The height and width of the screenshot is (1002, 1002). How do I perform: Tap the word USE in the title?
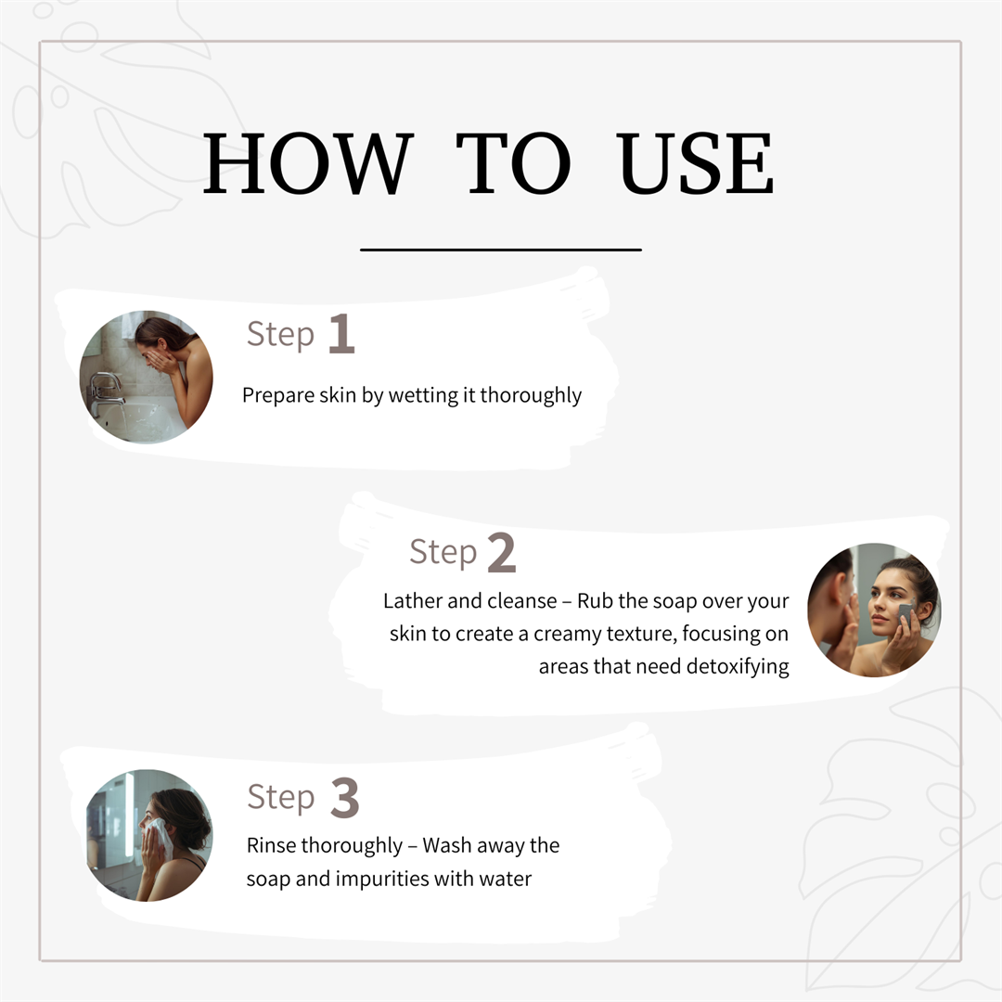click(695, 163)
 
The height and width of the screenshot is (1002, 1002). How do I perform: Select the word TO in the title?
click(513, 163)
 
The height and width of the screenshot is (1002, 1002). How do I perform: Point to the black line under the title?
click(501, 250)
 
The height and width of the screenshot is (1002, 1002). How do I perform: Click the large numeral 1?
click(341, 334)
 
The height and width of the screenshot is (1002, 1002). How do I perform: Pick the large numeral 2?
click(502, 552)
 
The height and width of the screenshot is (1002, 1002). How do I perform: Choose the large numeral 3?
click(345, 798)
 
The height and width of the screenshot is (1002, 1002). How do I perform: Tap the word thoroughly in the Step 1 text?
click(531, 396)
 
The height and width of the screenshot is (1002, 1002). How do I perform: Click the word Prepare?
click(278, 396)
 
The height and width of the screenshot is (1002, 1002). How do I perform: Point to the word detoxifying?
click(738, 667)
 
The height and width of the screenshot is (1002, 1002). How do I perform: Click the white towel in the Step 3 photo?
click(160, 837)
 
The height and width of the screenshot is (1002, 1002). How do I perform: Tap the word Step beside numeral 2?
click(443, 552)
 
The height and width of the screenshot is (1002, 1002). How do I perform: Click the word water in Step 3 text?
click(506, 880)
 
